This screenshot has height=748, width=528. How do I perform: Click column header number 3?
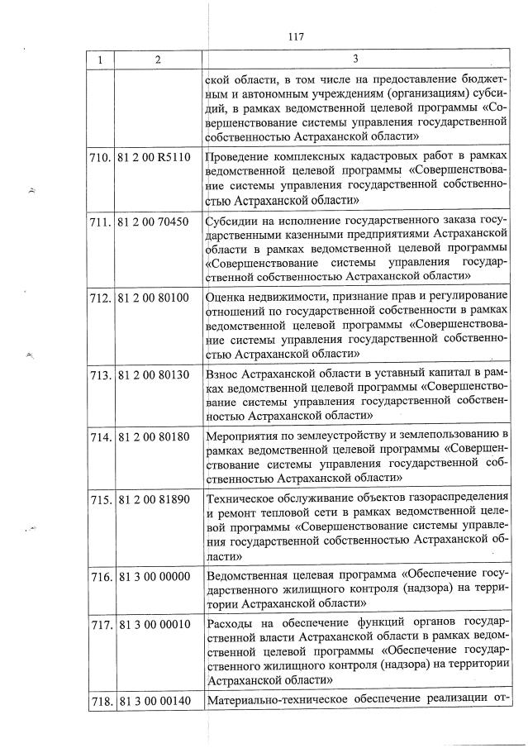354,59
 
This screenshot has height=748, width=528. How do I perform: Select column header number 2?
157,59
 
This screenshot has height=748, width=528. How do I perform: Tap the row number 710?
102,155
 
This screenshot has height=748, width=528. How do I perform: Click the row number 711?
102,222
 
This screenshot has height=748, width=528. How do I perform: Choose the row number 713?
102,374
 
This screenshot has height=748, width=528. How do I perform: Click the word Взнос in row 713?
225,374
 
